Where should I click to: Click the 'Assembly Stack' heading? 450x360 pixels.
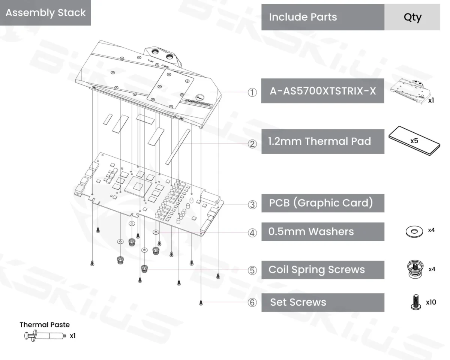click(x=45, y=13)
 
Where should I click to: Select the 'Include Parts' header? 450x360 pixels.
click(x=303, y=17)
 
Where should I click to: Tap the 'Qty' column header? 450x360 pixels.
click(x=412, y=17)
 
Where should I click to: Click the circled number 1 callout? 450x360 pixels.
click(x=252, y=92)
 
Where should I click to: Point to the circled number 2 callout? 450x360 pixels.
click(x=252, y=144)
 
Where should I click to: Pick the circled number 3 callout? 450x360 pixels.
click(x=252, y=204)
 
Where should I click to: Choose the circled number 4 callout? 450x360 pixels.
click(x=252, y=233)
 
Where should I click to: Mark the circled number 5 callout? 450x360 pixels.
click(x=252, y=270)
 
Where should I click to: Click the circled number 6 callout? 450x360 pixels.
click(x=252, y=303)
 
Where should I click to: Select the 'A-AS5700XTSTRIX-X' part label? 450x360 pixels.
click(x=322, y=91)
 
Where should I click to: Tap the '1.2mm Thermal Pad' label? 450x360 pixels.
click(x=319, y=141)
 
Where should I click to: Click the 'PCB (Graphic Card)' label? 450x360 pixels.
click(x=321, y=203)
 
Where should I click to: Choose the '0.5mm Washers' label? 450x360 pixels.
click(x=311, y=232)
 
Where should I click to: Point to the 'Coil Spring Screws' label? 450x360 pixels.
click(x=316, y=270)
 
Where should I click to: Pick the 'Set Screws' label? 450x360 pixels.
click(x=298, y=302)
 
